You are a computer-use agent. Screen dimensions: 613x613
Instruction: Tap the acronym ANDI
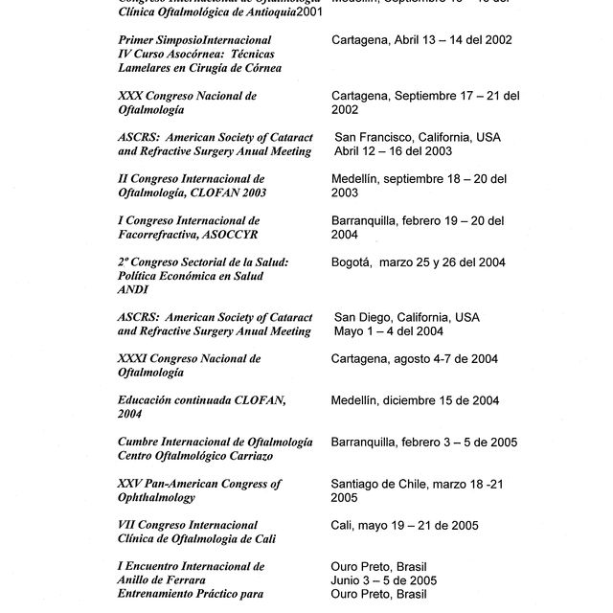pos(132,290)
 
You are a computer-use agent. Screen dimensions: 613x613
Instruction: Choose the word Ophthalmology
pos(156,498)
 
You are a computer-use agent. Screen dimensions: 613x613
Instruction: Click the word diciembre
pos(419,400)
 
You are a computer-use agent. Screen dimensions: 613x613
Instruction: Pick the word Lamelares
pos(149,68)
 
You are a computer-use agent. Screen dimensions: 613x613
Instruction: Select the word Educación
pos(148,400)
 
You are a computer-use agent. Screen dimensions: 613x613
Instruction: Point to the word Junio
pos(348,580)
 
